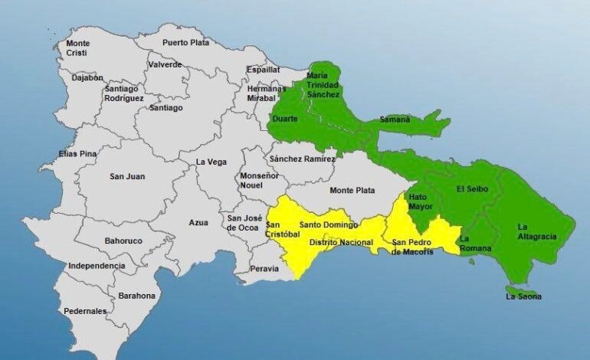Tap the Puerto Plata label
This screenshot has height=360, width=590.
(x=185, y=43)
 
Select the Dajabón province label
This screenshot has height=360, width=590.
(x=87, y=77)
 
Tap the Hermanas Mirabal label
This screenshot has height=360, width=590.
(x=266, y=93)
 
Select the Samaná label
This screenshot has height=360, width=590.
(x=395, y=119)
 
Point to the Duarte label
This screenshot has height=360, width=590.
(x=285, y=119)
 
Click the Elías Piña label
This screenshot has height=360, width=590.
(x=77, y=154)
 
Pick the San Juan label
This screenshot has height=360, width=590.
(x=127, y=177)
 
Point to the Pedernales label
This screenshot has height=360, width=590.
(x=85, y=311)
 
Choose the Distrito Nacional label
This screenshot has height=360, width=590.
(x=340, y=242)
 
